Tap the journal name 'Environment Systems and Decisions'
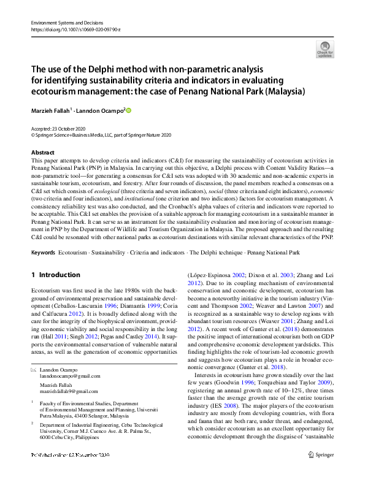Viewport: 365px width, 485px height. (x=66, y=23)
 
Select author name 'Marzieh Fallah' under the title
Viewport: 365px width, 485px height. (x=52, y=110)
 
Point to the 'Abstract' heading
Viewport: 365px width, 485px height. (x=43, y=152)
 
